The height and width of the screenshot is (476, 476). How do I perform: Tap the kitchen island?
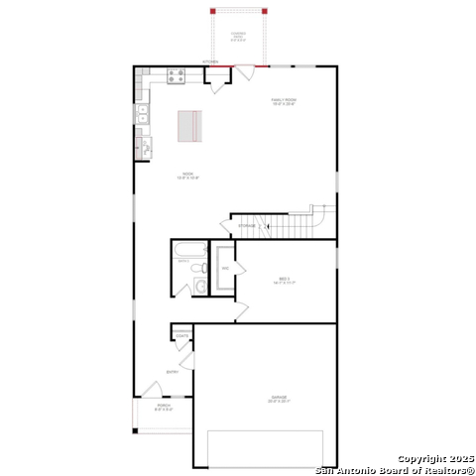190,127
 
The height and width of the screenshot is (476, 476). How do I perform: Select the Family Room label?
285,101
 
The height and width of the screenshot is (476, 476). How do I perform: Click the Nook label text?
188,178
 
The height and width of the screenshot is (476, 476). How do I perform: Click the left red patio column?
212,11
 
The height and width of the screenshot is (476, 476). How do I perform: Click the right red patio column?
265,11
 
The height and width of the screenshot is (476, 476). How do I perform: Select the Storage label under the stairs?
246,226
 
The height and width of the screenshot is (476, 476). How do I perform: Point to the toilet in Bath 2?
200,287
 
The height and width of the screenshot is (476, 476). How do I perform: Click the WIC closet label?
225,269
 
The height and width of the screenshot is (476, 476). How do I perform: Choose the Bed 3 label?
285,282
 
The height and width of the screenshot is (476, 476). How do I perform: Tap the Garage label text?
279,399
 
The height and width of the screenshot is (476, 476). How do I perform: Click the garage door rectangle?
265,448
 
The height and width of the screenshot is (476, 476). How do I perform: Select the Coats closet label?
182,336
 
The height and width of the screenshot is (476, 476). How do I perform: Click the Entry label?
172,373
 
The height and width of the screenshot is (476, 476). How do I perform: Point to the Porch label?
164,408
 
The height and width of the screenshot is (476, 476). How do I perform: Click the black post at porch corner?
135,430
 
